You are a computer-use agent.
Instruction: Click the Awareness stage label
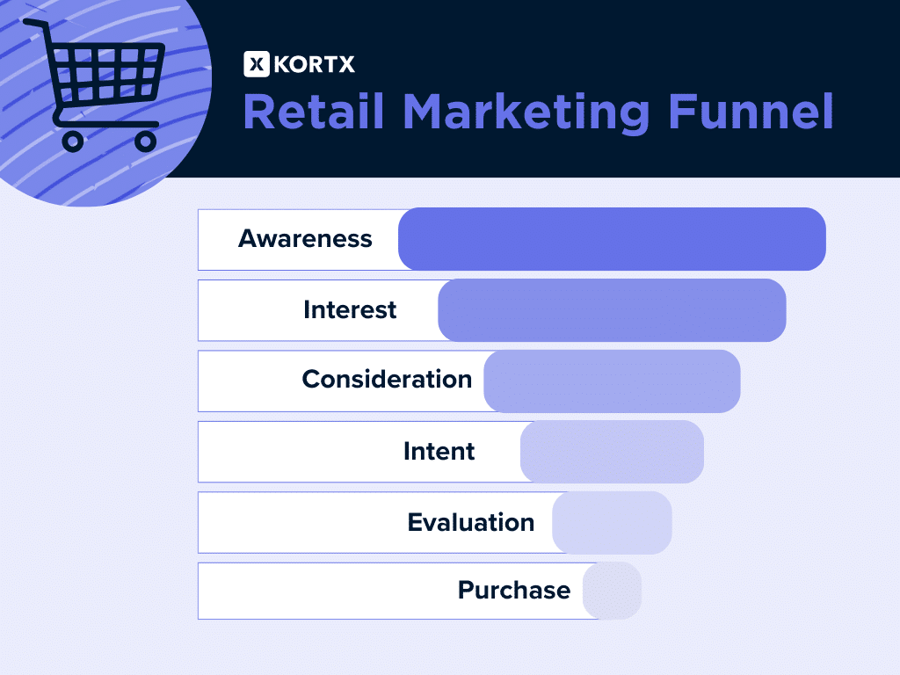tap(305, 239)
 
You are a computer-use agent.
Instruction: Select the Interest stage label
tap(350, 310)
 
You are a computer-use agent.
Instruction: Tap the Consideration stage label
tap(387, 380)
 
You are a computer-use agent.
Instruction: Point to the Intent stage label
tap(439, 452)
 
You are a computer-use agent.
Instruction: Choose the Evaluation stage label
tap(470, 523)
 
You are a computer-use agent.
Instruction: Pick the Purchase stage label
tap(513, 591)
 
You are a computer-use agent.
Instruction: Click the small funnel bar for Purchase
tap(613, 591)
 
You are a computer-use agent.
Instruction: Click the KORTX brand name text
tap(315, 64)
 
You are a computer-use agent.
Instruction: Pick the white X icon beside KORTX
tap(256, 64)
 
